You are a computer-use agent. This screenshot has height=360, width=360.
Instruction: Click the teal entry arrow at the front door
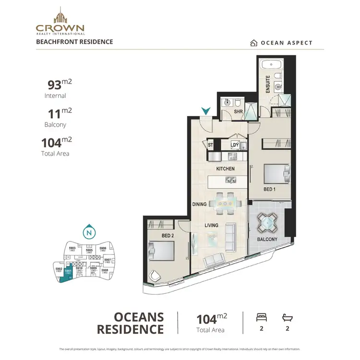pos(205,111)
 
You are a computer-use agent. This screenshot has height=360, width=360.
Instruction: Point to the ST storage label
pos(210,144)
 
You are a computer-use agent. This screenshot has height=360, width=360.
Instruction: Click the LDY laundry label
pos(235,144)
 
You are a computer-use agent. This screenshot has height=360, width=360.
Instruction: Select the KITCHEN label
pos(225,169)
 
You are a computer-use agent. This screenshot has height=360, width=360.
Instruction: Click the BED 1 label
pos(270,190)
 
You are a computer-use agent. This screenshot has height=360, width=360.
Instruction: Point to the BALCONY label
pos(267,239)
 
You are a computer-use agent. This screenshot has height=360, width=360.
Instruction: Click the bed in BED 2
pos(161,250)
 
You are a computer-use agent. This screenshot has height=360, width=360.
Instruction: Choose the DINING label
pos(199,204)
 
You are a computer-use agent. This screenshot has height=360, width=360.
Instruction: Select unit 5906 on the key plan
pos(102,249)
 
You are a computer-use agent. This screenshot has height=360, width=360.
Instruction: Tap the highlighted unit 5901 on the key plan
pos(68,272)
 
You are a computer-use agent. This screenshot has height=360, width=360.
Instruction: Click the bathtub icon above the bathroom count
pos(287,317)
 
